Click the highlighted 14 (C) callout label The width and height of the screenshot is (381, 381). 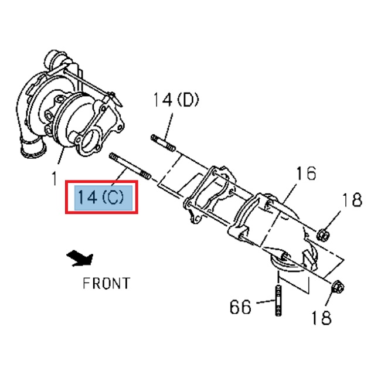pyautogui.click(x=101, y=198)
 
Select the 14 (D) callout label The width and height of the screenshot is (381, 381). pyautogui.click(x=176, y=100)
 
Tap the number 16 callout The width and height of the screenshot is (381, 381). pyautogui.click(x=305, y=174)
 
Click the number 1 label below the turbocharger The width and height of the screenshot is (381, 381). pyautogui.click(x=54, y=176)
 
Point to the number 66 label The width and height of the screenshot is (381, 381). pyautogui.click(x=240, y=307)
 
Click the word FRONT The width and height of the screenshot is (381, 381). pyautogui.click(x=106, y=284)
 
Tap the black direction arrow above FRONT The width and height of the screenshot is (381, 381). pyautogui.click(x=80, y=257)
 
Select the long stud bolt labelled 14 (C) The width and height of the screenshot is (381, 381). pyautogui.click(x=130, y=166)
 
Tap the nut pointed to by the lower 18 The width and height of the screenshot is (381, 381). pyautogui.click(x=338, y=288)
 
